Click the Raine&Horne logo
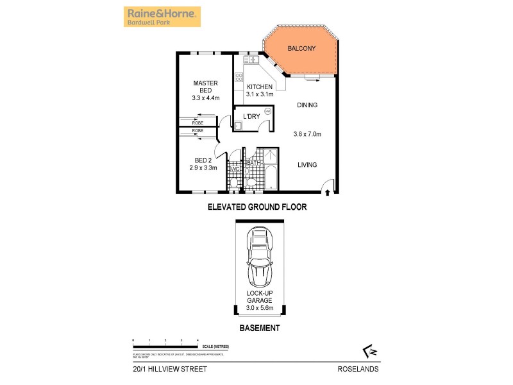click(162, 17)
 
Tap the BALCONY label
click(299, 49)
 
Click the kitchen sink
click(249, 60)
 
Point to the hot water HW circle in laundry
click(268, 112)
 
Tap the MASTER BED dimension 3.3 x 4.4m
click(205, 98)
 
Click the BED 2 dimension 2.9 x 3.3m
click(203, 168)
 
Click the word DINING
click(307, 105)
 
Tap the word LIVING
click(307, 165)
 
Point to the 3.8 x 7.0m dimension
click(307, 134)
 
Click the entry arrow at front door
click(328, 191)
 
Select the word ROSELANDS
click(358, 368)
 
